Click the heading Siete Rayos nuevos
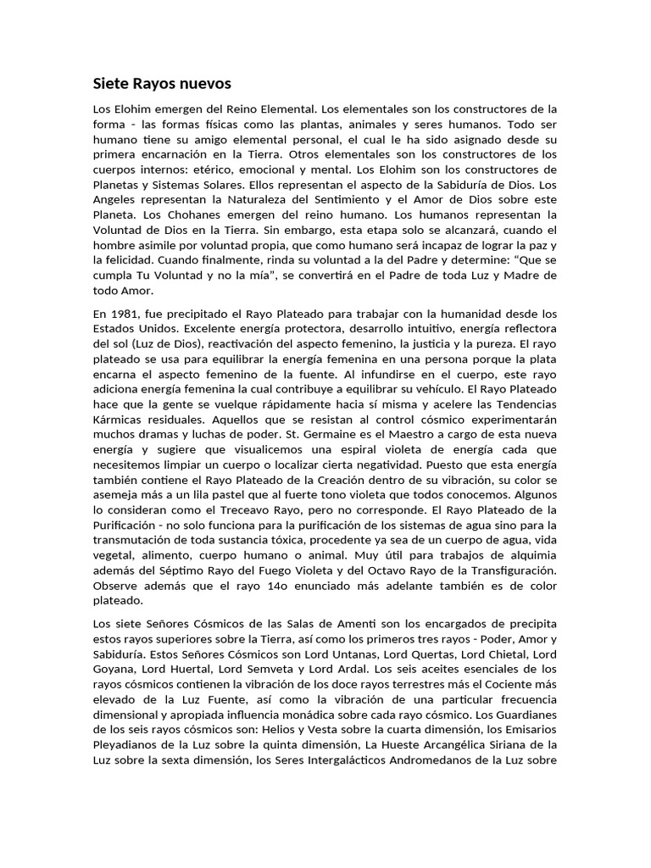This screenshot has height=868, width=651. pyautogui.click(x=161, y=84)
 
